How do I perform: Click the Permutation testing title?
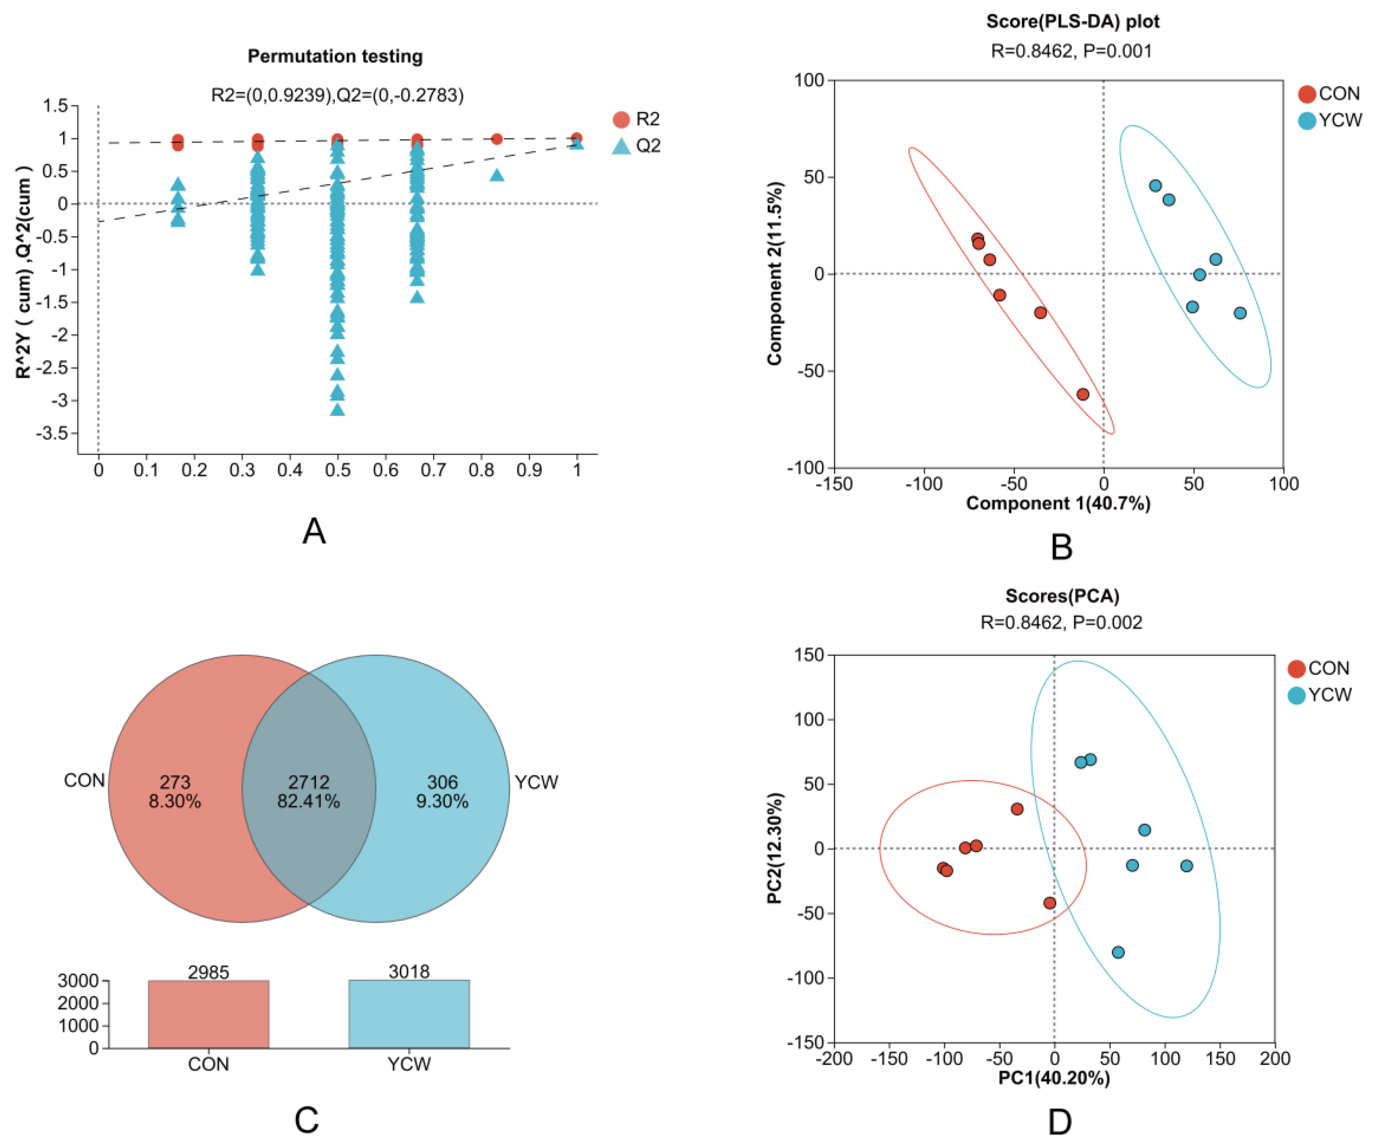(x=335, y=56)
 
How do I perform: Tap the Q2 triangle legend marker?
(x=621, y=146)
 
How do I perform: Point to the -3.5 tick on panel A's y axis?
(x=54, y=433)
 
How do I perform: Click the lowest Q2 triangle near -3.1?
(x=338, y=410)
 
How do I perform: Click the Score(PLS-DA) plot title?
(x=1072, y=22)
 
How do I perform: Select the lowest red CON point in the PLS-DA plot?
(x=1083, y=394)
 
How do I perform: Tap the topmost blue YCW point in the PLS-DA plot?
(x=1156, y=186)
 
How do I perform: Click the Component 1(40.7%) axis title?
(x=1058, y=503)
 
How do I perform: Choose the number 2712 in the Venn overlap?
(x=309, y=782)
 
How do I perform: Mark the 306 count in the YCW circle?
(x=442, y=782)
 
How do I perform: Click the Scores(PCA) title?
(x=1062, y=596)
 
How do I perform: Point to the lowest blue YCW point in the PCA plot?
(x=1118, y=953)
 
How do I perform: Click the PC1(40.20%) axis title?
(x=1054, y=1077)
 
